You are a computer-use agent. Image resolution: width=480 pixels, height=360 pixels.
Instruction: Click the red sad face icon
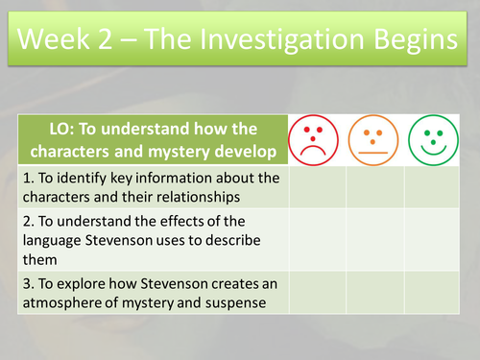click(x=317, y=140)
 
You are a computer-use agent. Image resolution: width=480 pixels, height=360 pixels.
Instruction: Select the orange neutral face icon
click(x=374, y=140)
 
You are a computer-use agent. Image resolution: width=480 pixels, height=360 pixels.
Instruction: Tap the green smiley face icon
click(x=432, y=140)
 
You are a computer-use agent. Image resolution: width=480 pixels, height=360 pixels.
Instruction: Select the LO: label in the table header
click(x=65, y=131)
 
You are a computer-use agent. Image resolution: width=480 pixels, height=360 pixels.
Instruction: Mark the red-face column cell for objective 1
click(x=317, y=187)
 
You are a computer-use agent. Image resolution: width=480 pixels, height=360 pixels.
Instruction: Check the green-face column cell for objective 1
click(x=432, y=187)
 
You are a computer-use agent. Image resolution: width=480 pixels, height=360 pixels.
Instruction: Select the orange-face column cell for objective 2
click(x=374, y=238)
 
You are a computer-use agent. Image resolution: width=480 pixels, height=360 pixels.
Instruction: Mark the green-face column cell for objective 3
click(x=432, y=291)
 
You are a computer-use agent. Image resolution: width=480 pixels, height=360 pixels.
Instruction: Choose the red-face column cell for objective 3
click(x=317, y=291)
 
